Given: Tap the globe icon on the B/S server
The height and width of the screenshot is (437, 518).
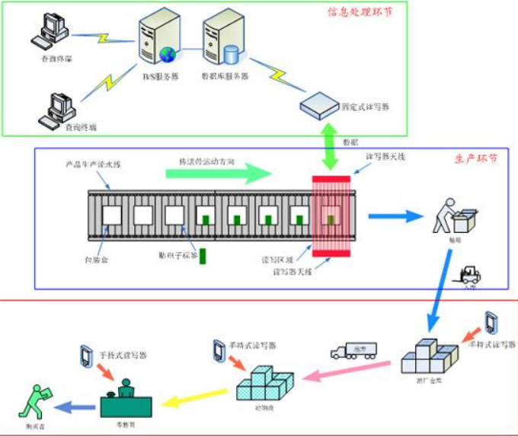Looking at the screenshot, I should [x=167, y=55].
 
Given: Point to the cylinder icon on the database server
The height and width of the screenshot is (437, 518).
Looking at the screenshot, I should [x=229, y=55].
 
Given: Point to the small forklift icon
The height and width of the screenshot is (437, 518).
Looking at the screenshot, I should [x=470, y=273].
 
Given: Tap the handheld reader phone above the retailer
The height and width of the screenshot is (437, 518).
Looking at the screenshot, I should [x=85, y=355].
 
